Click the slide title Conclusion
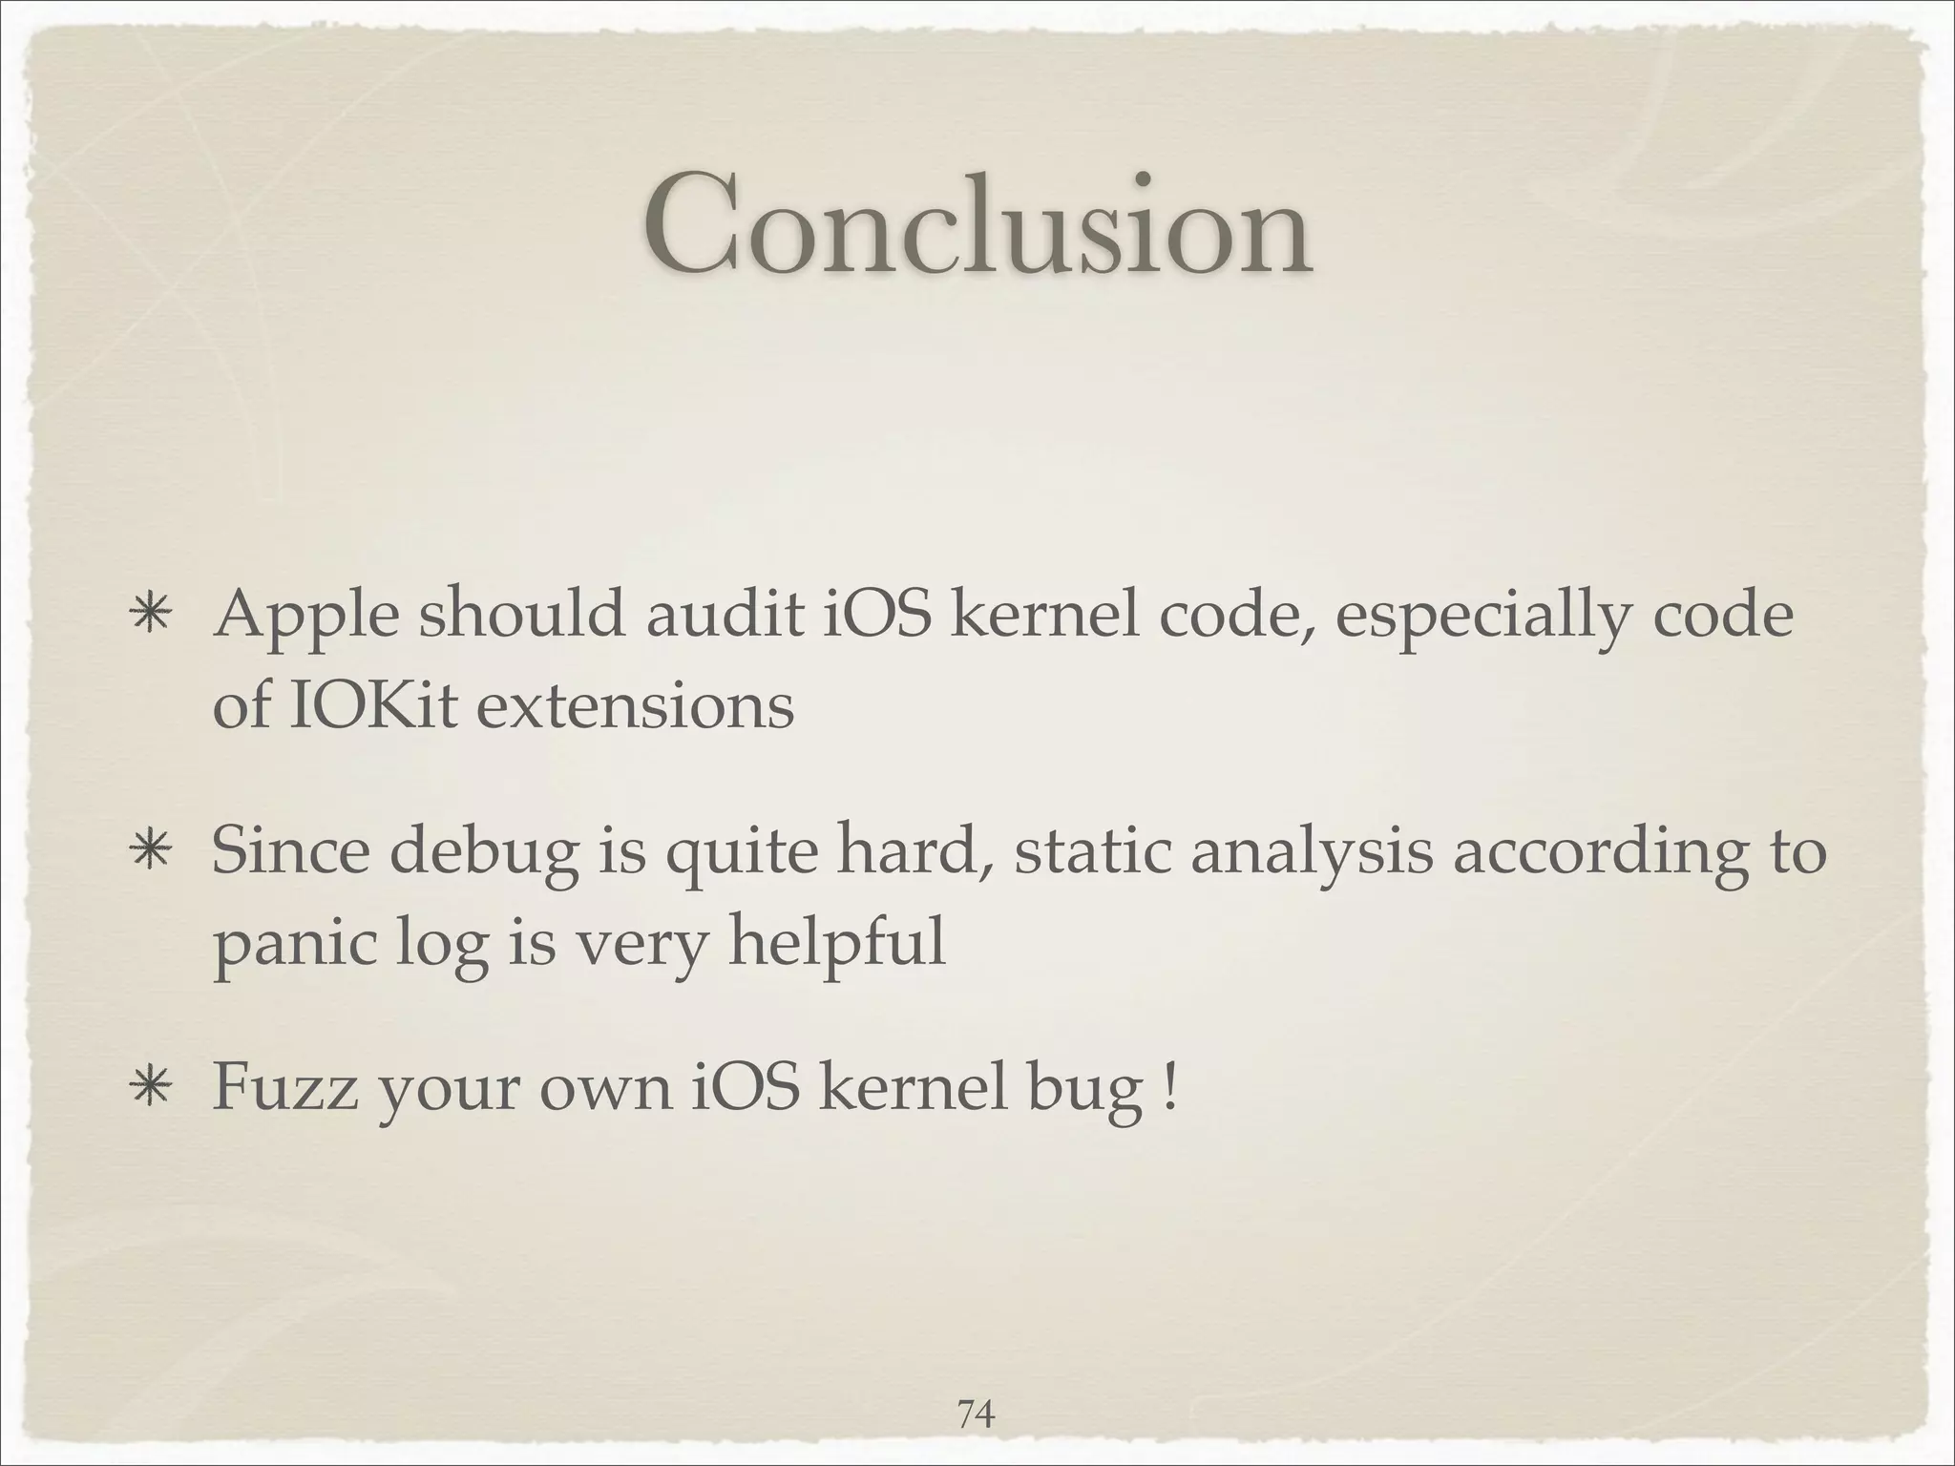pyautogui.click(x=977, y=227)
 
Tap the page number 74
pyautogui.click(x=976, y=1387)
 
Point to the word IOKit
pyautogui.click(x=372, y=707)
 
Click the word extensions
pyautogui.click(x=634, y=707)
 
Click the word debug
pyautogui.click(x=484, y=853)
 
